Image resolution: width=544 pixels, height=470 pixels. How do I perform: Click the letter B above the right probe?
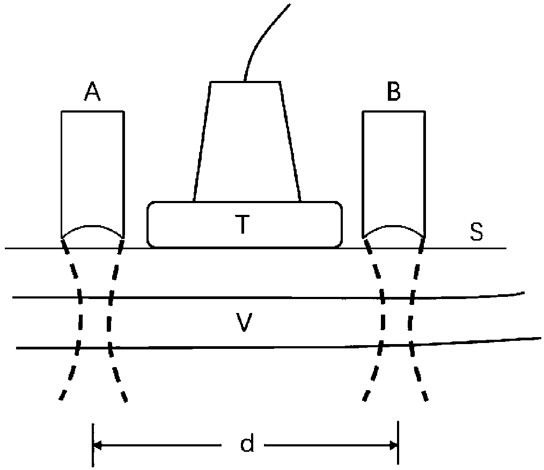(393, 93)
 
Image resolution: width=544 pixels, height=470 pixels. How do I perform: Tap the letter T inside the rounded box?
(243, 226)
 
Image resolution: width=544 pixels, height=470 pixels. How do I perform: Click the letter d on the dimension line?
(247, 444)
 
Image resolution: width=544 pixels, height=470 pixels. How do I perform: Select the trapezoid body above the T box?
(246, 142)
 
